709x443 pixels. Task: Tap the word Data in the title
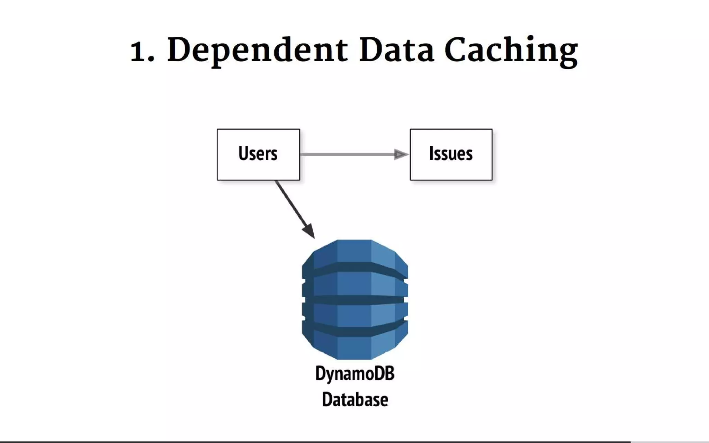tap(396, 51)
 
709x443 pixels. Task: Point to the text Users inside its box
tap(258, 153)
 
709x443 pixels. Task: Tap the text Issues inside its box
tap(451, 153)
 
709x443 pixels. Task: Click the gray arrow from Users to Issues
tap(346, 154)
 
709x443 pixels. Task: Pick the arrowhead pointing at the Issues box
tap(401, 154)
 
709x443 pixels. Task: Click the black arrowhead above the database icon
tap(309, 230)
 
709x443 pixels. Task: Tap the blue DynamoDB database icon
tap(355, 299)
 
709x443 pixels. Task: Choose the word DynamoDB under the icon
tap(355, 374)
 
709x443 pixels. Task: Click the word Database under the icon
tap(355, 400)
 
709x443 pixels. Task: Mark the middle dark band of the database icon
tap(355, 300)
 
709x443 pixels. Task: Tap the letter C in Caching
tap(456, 51)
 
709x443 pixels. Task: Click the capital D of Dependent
tap(180, 51)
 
